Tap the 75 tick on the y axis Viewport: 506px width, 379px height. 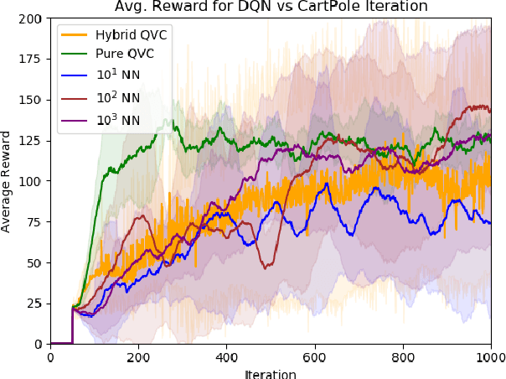click(x=37, y=222)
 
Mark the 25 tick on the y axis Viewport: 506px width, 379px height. click(x=37, y=304)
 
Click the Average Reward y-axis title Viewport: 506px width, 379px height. click(x=8, y=181)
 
